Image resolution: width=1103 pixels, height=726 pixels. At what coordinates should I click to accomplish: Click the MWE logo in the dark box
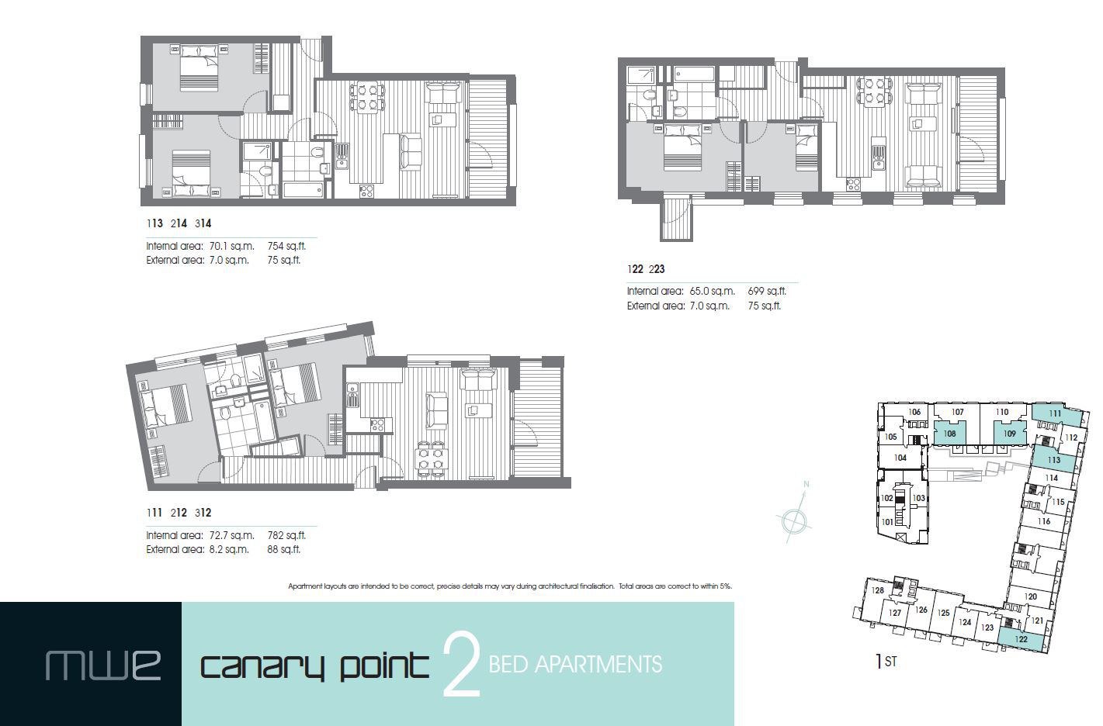click(103, 665)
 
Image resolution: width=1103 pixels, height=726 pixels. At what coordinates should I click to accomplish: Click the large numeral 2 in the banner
click(460, 665)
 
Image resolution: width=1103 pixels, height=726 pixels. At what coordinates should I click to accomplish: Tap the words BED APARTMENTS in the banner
click(575, 665)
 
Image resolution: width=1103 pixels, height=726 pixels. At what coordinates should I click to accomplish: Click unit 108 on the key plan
click(950, 434)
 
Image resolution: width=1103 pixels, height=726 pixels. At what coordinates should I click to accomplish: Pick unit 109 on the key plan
click(1009, 434)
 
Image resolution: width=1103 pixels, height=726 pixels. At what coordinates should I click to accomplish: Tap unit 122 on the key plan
click(1021, 639)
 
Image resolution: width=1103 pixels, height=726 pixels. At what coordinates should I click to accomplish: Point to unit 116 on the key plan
click(1044, 521)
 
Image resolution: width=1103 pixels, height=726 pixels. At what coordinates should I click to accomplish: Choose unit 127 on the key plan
click(895, 613)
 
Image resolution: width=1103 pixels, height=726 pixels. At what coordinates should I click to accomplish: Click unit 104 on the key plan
click(900, 458)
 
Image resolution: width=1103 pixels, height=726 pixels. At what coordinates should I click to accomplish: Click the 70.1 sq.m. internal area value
click(232, 247)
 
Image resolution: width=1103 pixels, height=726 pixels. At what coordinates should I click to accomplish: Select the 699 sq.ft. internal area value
click(767, 292)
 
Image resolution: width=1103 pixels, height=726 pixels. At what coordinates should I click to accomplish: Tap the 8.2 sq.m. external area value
click(229, 549)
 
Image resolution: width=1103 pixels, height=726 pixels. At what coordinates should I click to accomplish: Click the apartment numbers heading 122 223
click(646, 269)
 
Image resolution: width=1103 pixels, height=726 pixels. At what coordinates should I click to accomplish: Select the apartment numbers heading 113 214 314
click(179, 223)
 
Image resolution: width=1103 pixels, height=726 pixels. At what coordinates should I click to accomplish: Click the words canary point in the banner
click(314, 665)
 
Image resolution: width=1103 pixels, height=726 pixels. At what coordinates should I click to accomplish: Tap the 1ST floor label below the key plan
click(886, 662)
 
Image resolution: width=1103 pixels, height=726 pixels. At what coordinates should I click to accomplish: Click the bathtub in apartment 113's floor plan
click(303, 190)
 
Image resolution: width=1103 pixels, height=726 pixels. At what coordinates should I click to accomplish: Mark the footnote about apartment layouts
click(510, 586)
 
